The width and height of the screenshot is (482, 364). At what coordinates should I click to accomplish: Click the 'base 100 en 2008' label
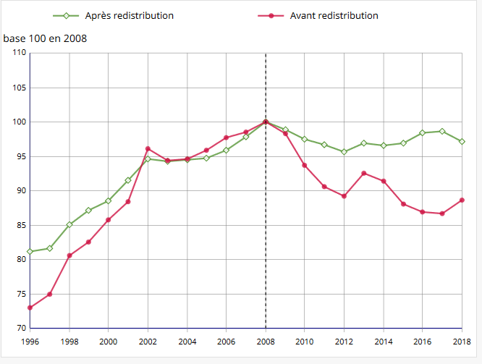coord(45,38)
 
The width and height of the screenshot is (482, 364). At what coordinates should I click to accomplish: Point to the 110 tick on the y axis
coord(19,53)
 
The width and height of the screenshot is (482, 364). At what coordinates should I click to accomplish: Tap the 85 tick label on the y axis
coord(20,225)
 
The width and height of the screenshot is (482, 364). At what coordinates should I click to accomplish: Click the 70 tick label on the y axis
coord(20,329)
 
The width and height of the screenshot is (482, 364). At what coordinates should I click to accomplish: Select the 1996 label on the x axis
coord(30,341)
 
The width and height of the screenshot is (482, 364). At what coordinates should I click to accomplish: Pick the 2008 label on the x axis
coord(266,341)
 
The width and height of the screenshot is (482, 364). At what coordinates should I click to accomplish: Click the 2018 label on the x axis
coord(462,341)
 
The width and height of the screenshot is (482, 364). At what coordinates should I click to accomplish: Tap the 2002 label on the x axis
coord(148,341)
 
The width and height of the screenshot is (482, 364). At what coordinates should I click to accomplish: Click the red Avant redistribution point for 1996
coord(30,308)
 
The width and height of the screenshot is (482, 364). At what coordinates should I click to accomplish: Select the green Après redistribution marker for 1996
coord(30,251)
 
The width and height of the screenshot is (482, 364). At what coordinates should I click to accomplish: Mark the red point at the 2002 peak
coord(148,148)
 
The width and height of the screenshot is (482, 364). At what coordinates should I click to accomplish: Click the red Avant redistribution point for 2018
coord(462,200)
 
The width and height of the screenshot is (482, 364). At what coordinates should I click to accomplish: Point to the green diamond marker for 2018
coord(462,141)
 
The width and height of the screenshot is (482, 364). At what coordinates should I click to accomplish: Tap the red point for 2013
coord(364,173)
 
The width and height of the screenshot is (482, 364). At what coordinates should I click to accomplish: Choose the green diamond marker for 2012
coord(344,152)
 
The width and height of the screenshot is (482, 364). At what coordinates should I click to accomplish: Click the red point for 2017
coord(442,213)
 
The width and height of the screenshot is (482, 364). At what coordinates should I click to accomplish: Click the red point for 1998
coord(69,255)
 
